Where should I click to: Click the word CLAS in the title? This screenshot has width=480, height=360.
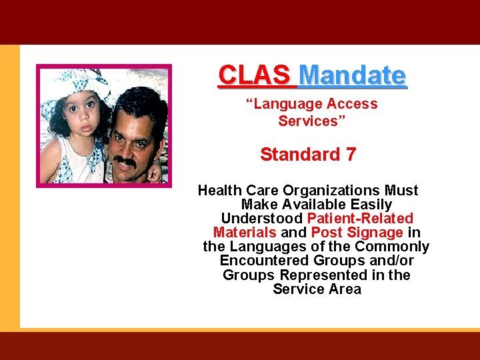[x=254, y=75]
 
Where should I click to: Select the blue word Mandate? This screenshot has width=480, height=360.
[x=353, y=75]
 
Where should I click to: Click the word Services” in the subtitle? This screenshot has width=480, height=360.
[x=308, y=121]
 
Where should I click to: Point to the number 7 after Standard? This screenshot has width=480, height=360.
[x=351, y=155]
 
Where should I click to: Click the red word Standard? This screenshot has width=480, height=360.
[x=300, y=155]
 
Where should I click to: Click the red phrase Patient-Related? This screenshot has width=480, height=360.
[x=360, y=219]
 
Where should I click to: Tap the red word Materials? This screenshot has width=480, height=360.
[x=245, y=233]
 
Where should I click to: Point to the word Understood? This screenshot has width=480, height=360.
[x=262, y=219]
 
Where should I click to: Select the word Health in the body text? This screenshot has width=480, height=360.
[x=221, y=191]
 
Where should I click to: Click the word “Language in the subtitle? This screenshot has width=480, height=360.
[x=283, y=104]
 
